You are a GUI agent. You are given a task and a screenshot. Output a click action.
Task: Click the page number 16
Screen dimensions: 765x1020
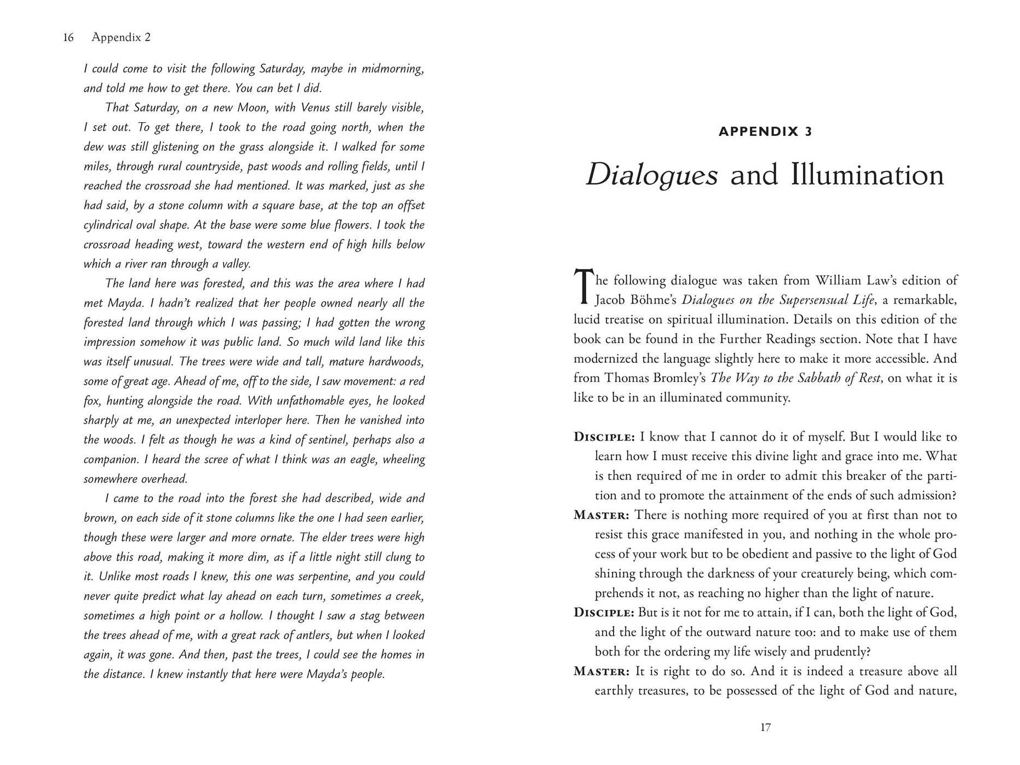[68, 37]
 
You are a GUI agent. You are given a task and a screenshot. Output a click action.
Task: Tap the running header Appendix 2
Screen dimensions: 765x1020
[121, 37]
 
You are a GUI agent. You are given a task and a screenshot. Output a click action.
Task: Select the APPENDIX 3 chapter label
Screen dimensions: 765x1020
[765, 132]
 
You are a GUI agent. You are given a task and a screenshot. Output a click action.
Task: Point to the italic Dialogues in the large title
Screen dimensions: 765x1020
[651, 175]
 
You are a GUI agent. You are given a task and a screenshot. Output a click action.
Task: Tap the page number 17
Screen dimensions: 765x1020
[765, 727]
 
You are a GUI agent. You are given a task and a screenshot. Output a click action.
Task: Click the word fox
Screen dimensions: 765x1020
[91, 401]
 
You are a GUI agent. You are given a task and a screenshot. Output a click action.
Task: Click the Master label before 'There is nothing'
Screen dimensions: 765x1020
[601, 515]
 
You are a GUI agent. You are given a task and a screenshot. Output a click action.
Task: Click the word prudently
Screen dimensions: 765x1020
[840, 652]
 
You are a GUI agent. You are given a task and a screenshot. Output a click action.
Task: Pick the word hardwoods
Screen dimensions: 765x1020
[396, 362]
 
